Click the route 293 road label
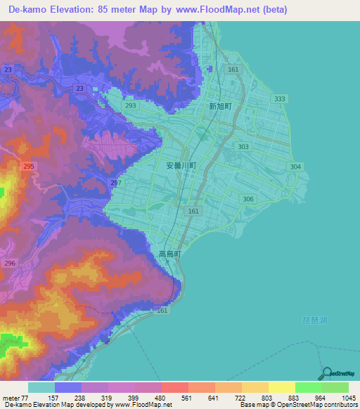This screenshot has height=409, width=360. (x=130, y=105)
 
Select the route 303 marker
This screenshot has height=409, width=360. (x=243, y=147)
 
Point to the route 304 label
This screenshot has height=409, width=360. (x=295, y=167)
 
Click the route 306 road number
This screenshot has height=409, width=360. (x=248, y=200)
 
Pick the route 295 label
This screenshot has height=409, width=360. (x=29, y=166)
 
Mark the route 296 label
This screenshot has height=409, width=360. (x=10, y=263)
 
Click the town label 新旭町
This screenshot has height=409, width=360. (x=220, y=107)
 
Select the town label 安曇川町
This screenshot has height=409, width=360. (x=181, y=166)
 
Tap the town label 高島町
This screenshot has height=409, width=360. (x=170, y=254)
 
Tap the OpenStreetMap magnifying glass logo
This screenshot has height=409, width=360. (x=326, y=373)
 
